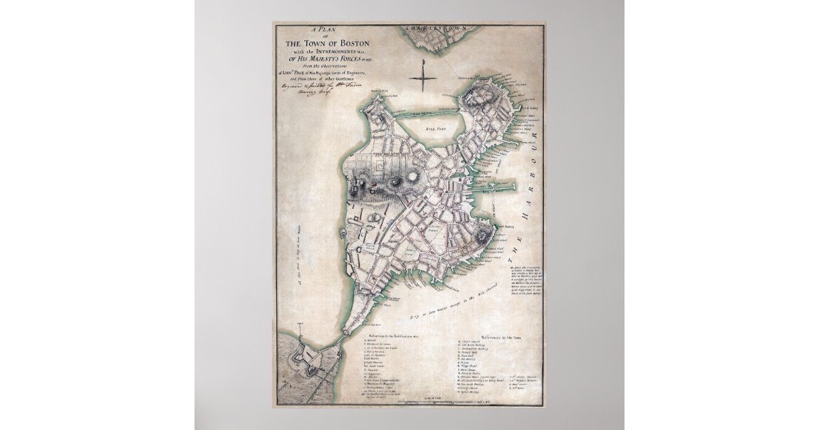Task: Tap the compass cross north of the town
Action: pos(424,76)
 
